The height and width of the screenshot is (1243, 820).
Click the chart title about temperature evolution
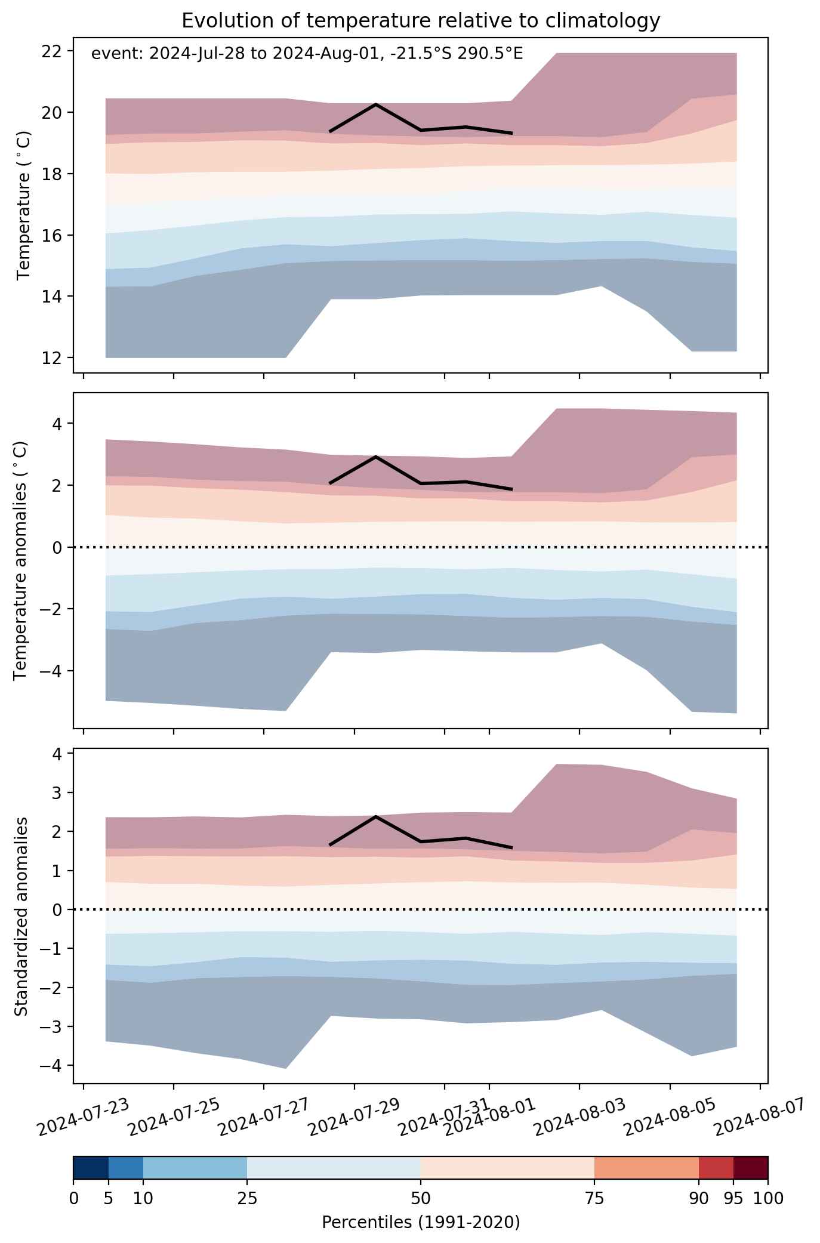(421, 21)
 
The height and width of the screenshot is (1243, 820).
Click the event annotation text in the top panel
(307, 54)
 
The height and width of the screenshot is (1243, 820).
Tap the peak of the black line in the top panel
(376, 104)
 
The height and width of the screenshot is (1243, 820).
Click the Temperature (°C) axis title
(23, 205)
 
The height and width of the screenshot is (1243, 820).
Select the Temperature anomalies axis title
(20, 560)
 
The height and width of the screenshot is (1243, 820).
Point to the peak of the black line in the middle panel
(376, 457)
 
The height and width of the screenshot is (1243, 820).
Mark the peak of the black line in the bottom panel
(376, 816)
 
